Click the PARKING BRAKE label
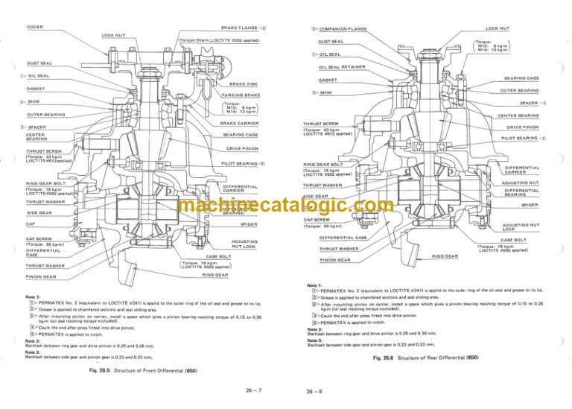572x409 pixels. (x=241, y=95)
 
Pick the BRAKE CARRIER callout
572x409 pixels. (x=239, y=123)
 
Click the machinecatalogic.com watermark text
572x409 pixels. (x=286, y=206)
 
